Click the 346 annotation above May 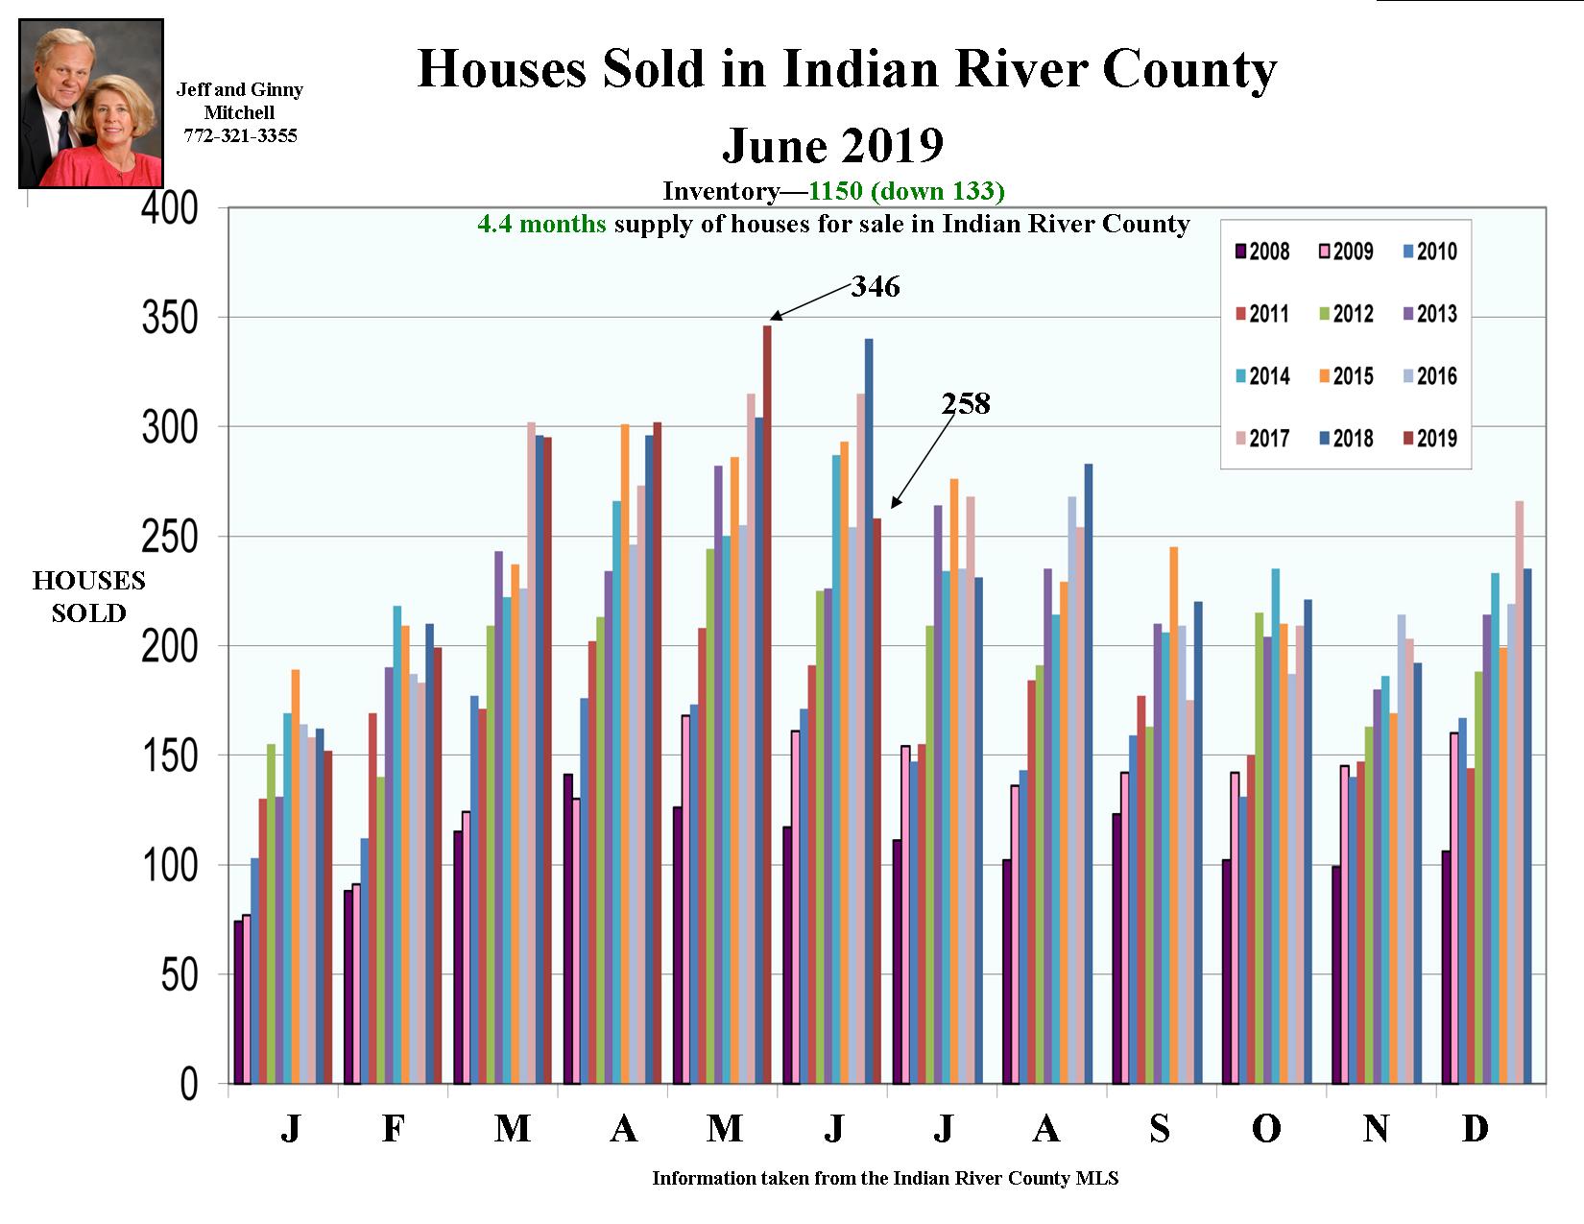(875, 286)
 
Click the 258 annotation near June (965, 403)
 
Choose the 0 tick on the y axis (188, 1085)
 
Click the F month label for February (393, 1129)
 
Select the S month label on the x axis (1160, 1129)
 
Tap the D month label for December (1475, 1129)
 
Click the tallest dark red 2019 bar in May (767, 706)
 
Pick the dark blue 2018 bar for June (869, 711)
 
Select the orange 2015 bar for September (1173, 815)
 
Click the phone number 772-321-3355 (240, 136)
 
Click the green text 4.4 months (541, 224)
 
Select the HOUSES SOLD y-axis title (88, 596)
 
